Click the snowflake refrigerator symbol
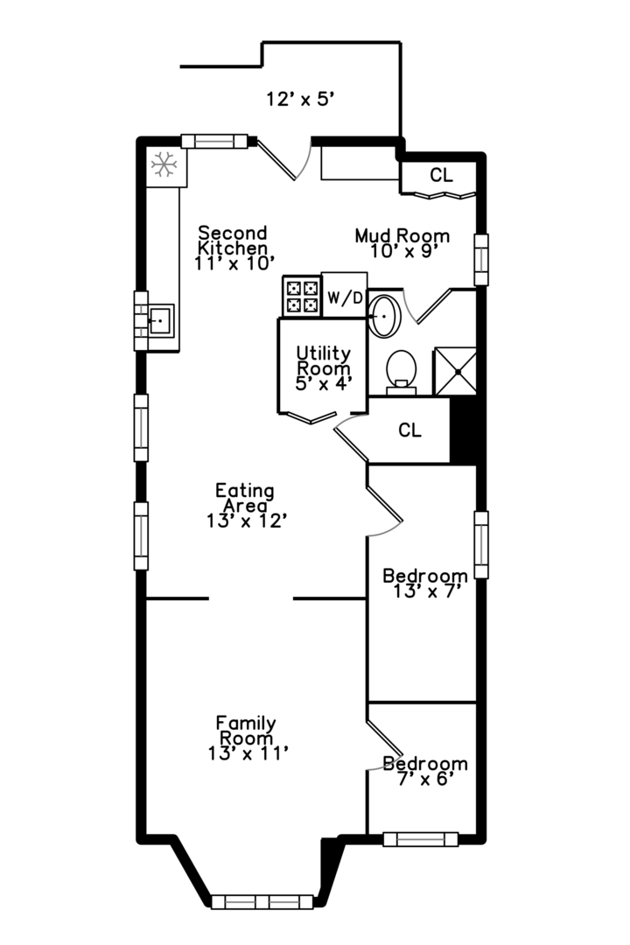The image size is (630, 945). pyautogui.click(x=164, y=164)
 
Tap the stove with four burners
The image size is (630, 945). pyautogui.click(x=302, y=296)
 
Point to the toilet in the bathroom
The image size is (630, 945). pyautogui.click(x=401, y=371)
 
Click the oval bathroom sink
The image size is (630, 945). pyautogui.click(x=384, y=315)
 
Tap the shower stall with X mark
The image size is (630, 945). pyautogui.click(x=455, y=371)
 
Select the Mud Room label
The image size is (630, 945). pyautogui.click(x=402, y=235)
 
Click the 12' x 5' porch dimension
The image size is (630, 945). pyautogui.click(x=300, y=99)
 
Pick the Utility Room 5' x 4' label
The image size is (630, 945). pyautogui.click(x=323, y=368)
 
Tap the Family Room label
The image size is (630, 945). pyautogui.click(x=247, y=730)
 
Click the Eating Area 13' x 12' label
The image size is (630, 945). pyautogui.click(x=246, y=506)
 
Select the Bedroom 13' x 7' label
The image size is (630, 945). pyautogui.click(x=425, y=584)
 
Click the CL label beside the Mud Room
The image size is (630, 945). pyautogui.click(x=441, y=175)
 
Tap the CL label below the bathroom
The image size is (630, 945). pyautogui.click(x=410, y=430)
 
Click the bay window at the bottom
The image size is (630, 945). pyautogui.click(x=262, y=901)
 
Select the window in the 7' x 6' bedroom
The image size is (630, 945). pyautogui.click(x=421, y=839)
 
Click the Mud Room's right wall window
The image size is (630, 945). pyautogui.click(x=481, y=260)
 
